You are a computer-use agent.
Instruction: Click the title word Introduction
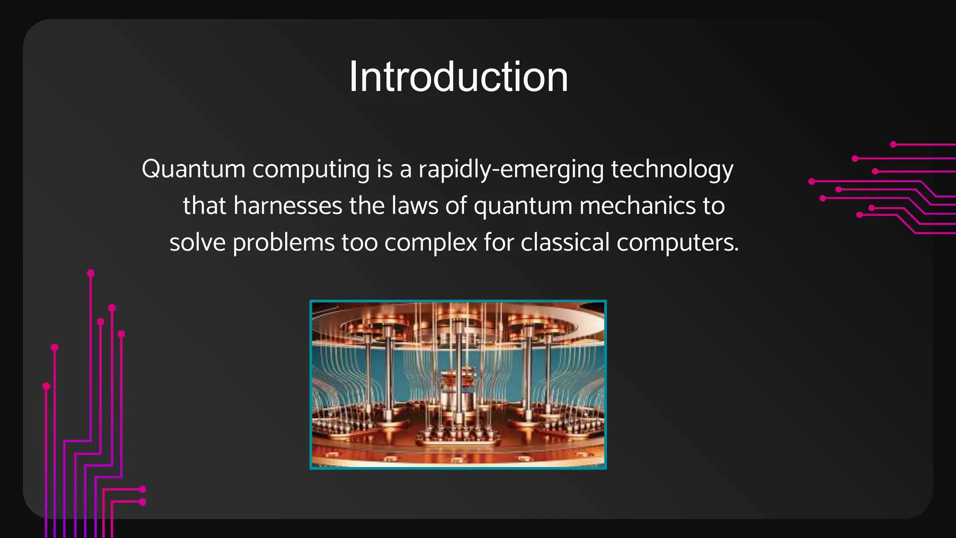coord(458,77)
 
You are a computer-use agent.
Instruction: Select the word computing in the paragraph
coord(311,169)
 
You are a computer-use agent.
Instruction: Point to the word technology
coord(672,169)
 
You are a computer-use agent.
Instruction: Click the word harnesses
coord(288,206)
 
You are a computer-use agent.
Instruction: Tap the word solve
coord(197,243)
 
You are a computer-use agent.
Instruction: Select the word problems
coord(284,243)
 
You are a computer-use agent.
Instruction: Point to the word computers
coord(675,243)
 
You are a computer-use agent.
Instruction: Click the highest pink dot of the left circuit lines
coord(91,273)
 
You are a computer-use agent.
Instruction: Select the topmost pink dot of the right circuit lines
coord(893,144)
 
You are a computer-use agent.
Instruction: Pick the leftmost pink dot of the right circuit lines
coord(812,181)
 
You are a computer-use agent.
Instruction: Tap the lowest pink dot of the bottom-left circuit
coord(143,502)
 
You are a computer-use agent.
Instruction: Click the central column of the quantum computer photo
coord(460,374)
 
